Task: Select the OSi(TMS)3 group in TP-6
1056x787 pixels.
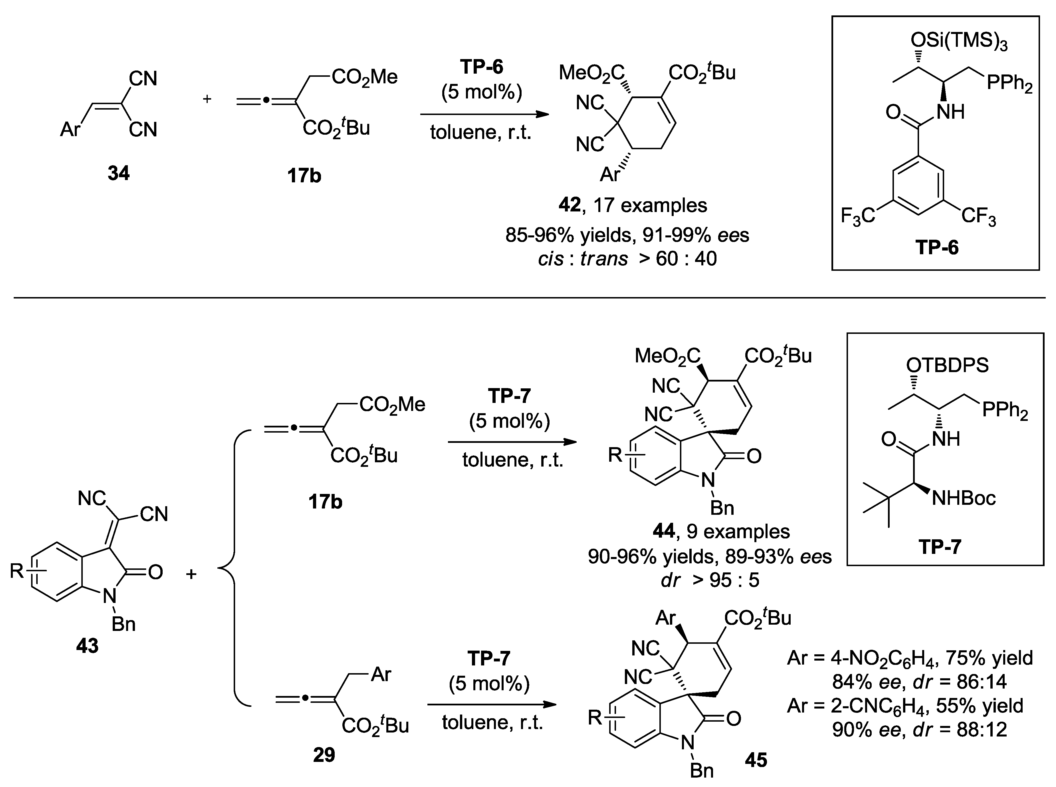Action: pyautogui.click(x=958, y=42)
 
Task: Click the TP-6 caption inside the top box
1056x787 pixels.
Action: pyautogui.click(x=936, y=248)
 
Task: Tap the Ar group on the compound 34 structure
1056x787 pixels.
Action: pyautogui.click(x=70, y=129)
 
